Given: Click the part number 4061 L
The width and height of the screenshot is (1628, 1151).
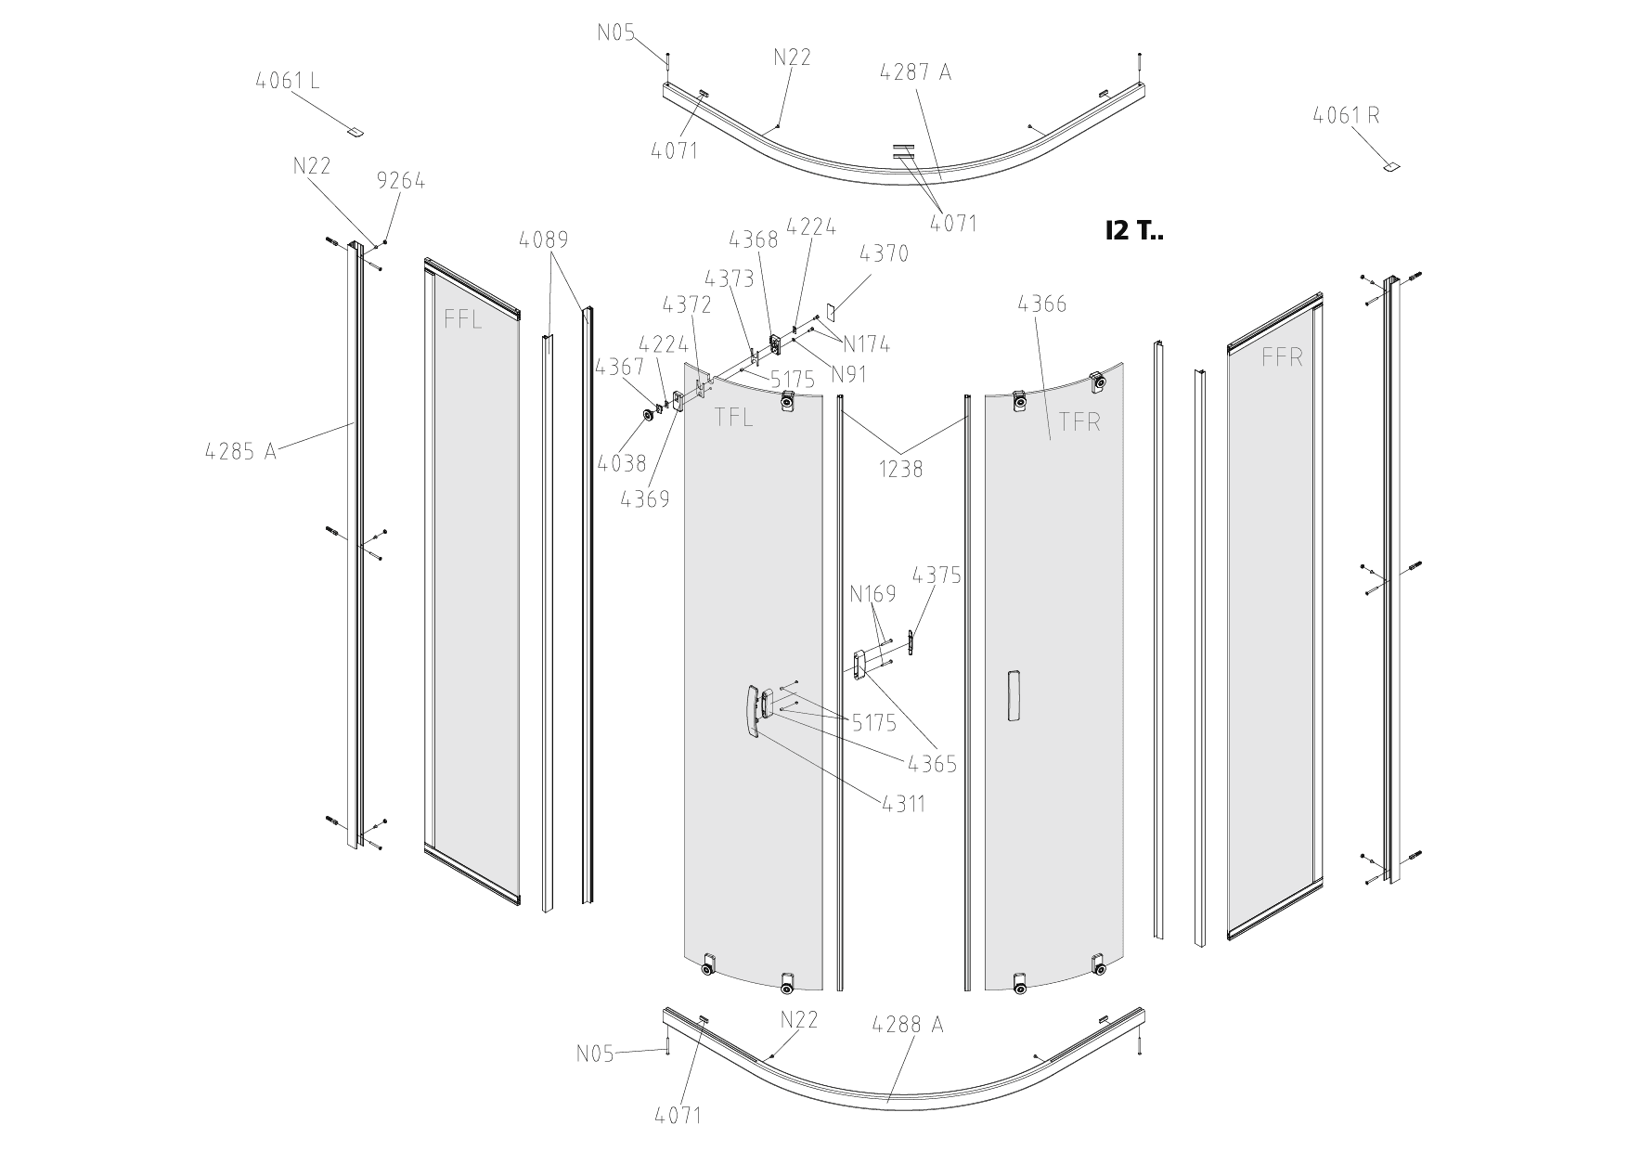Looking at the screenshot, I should click(x=288, y=81).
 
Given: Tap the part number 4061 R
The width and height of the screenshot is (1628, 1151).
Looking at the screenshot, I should click(x=1346, y=116).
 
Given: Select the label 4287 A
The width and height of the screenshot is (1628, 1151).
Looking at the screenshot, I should click(x=916, y=72).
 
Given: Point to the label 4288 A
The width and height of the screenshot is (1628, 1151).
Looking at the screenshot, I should click(x=907, y=1025).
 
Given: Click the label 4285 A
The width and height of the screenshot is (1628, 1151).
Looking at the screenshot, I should click(x=240, y=452).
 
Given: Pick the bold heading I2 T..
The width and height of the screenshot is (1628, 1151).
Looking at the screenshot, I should click(x=1133, y=231).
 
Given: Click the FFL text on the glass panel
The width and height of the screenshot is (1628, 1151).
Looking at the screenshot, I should click(x=462, y=320).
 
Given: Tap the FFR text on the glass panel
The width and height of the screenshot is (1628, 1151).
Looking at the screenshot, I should click(x=1282, y=357).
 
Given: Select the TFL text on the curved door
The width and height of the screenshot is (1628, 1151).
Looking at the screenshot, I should click(x=733, y=418).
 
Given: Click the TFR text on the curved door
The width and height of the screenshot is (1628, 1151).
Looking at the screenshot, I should click(x=1079, y=421).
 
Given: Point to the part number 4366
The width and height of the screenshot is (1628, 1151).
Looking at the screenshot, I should click(x=1042, y=304).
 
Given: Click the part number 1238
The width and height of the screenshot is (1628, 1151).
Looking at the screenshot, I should click(x=901, y=470).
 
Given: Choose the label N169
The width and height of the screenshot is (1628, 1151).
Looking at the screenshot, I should click(x=872, y=593).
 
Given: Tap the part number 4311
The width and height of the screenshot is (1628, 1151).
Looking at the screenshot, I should click(x=903, y=803).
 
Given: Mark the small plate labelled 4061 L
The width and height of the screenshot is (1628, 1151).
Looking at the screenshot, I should click(x=355, y=132).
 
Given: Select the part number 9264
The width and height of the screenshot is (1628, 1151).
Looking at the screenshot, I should click(x=401, y=181).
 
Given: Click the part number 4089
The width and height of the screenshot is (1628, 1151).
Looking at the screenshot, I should click(x=544, y=240).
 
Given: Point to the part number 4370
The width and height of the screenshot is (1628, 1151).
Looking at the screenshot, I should click(x=884, y=253).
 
